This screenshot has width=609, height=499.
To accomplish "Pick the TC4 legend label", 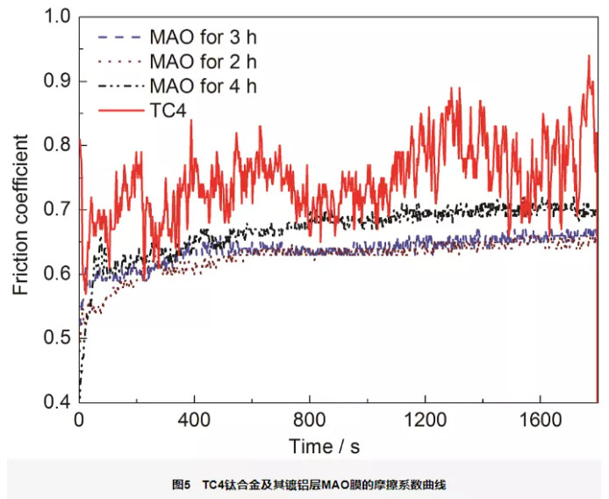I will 169,109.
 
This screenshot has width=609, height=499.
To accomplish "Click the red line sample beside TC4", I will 118,109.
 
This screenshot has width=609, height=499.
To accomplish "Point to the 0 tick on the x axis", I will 79,419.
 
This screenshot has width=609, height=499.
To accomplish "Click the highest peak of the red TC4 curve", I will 589,56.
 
